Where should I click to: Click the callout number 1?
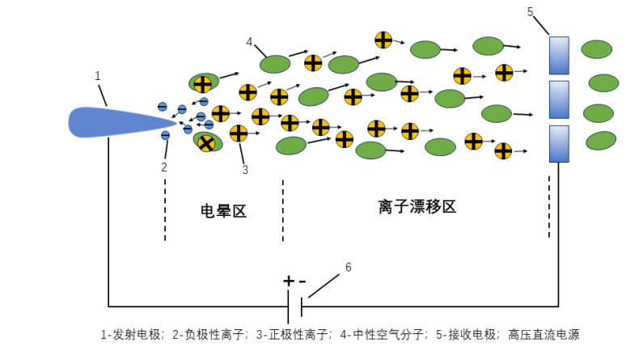(98, 76)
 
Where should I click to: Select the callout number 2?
(164, 167)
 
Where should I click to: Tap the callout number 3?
(245, 170)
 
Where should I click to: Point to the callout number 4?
(249, 42)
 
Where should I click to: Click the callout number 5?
(531, 11)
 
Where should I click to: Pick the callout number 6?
(349, 267)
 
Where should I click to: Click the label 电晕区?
(223, 212)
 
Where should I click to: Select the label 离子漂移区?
(417, 206)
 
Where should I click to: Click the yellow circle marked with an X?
(206, 144)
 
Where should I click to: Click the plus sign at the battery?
(288, 282)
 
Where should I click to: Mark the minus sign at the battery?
(303, 282)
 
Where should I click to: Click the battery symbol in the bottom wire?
(295, 307)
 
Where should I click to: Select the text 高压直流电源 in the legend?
(547, 334)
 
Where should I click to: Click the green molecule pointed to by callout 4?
(275, 63)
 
